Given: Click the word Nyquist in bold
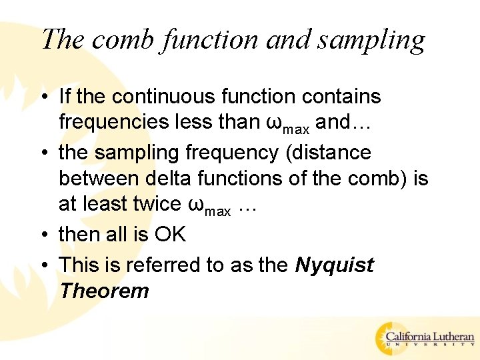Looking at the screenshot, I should click(x=334, y=265).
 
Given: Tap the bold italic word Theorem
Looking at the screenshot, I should click(x=103, y=291).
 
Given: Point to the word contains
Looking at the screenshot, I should click(x=341, y=97).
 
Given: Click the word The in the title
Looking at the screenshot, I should click(x=63, y=39).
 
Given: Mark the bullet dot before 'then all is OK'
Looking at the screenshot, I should click(x=44, y=235).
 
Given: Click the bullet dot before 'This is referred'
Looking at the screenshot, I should click(x=44, y=266).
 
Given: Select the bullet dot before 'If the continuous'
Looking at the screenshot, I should click(x=44, y=97).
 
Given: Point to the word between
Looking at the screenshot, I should click(x=95, y=179).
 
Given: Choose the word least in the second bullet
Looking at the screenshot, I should click(x=103, y=204).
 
